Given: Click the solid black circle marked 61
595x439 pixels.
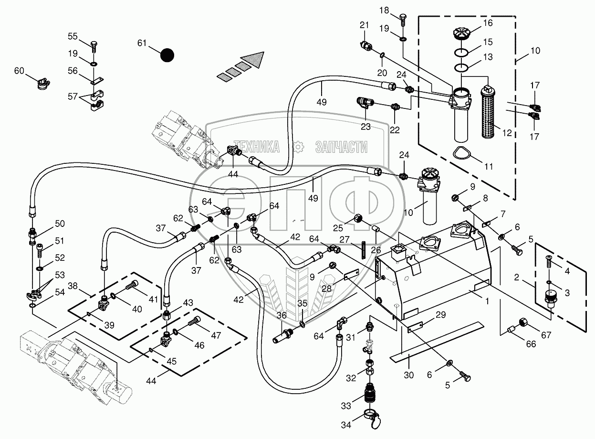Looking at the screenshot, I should coord(167,55).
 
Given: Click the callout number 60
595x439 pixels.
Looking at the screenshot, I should coord(19,71).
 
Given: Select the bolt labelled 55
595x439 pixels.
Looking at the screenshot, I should coord(94,46).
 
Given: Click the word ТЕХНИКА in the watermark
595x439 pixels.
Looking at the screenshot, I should coord(256,147).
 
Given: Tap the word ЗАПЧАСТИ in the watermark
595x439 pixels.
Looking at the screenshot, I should coord(341,147).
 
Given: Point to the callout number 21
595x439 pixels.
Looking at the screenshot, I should coord(364,25).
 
